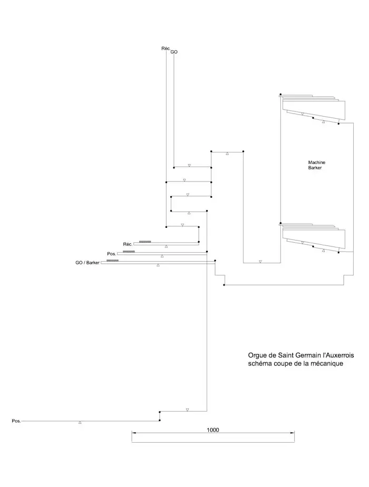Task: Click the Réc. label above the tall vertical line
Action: click(x=165, y=49)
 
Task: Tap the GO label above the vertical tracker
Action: click(x=174, y=52)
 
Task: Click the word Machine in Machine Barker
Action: click(x=317, y=162)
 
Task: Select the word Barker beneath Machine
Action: click(x=315, y=168)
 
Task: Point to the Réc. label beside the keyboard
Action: click(x=127, y=244)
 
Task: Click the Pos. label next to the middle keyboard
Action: click(x=111, y=254)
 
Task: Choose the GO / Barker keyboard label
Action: click(x=88, y=262)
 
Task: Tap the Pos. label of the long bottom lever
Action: click(x=16, y=421)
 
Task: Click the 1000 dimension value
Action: click(x=212, y=430)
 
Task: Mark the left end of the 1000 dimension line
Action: click(x=132, y=433)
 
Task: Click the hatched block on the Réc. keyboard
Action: click(x=145, y=242)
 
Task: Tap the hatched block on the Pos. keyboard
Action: click(x=129, y=252)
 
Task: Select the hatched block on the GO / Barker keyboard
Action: click(x=112, y=261)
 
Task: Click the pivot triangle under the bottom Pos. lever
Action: click(x=80, y=423)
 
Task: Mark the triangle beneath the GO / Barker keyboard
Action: click(x=158, y=265)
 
